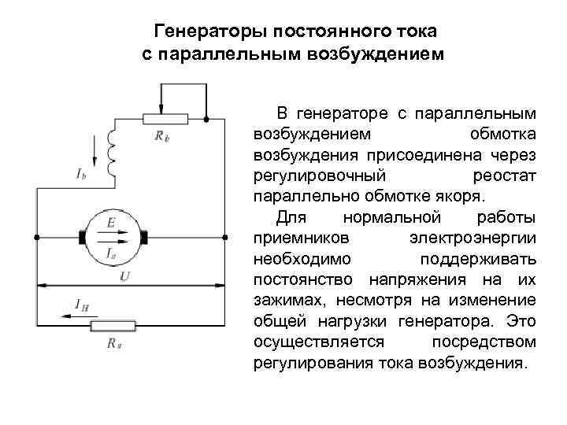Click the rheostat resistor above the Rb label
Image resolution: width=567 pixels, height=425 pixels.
tap(165, 119)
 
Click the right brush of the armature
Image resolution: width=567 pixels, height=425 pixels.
tap(144, 237)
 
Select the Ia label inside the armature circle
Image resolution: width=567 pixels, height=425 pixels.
tap(112, 253)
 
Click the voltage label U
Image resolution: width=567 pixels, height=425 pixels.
tap(125, 276)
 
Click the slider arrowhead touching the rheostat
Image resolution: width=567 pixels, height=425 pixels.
tap(162, 109)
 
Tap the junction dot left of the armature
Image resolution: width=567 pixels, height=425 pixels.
tap(37, 237)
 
